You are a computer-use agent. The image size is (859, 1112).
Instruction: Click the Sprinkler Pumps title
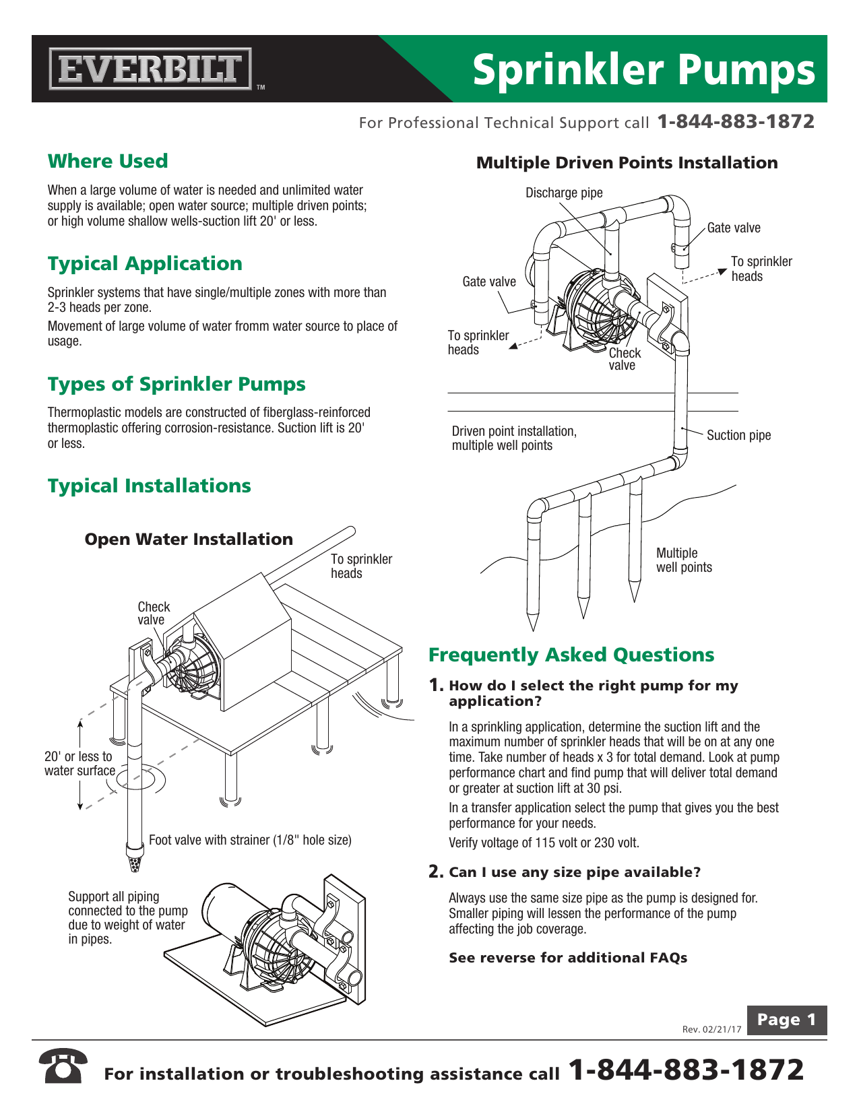643,70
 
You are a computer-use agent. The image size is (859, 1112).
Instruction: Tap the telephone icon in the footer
63,1066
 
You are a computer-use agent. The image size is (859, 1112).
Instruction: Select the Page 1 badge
786,1020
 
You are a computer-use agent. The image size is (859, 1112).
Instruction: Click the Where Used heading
108,162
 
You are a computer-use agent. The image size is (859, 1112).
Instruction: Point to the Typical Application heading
145,263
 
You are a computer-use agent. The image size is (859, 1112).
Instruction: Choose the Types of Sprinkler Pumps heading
177,384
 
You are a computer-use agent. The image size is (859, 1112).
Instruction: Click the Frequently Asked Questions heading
571,655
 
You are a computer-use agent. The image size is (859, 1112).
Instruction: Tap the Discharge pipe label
564,193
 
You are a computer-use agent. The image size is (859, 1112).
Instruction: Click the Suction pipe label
738,435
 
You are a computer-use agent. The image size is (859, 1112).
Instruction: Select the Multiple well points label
684,560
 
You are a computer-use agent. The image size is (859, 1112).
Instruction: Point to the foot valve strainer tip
135,863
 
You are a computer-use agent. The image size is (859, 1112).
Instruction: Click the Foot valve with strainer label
250,840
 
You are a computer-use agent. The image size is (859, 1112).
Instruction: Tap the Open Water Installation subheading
189,539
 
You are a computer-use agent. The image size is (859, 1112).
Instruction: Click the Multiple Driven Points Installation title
627,163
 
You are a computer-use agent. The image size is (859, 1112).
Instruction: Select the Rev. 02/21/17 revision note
711,1029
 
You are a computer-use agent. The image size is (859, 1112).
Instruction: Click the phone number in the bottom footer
687,1070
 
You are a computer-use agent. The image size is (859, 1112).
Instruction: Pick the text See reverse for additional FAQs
568,958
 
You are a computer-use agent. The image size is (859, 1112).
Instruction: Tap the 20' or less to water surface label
79,764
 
